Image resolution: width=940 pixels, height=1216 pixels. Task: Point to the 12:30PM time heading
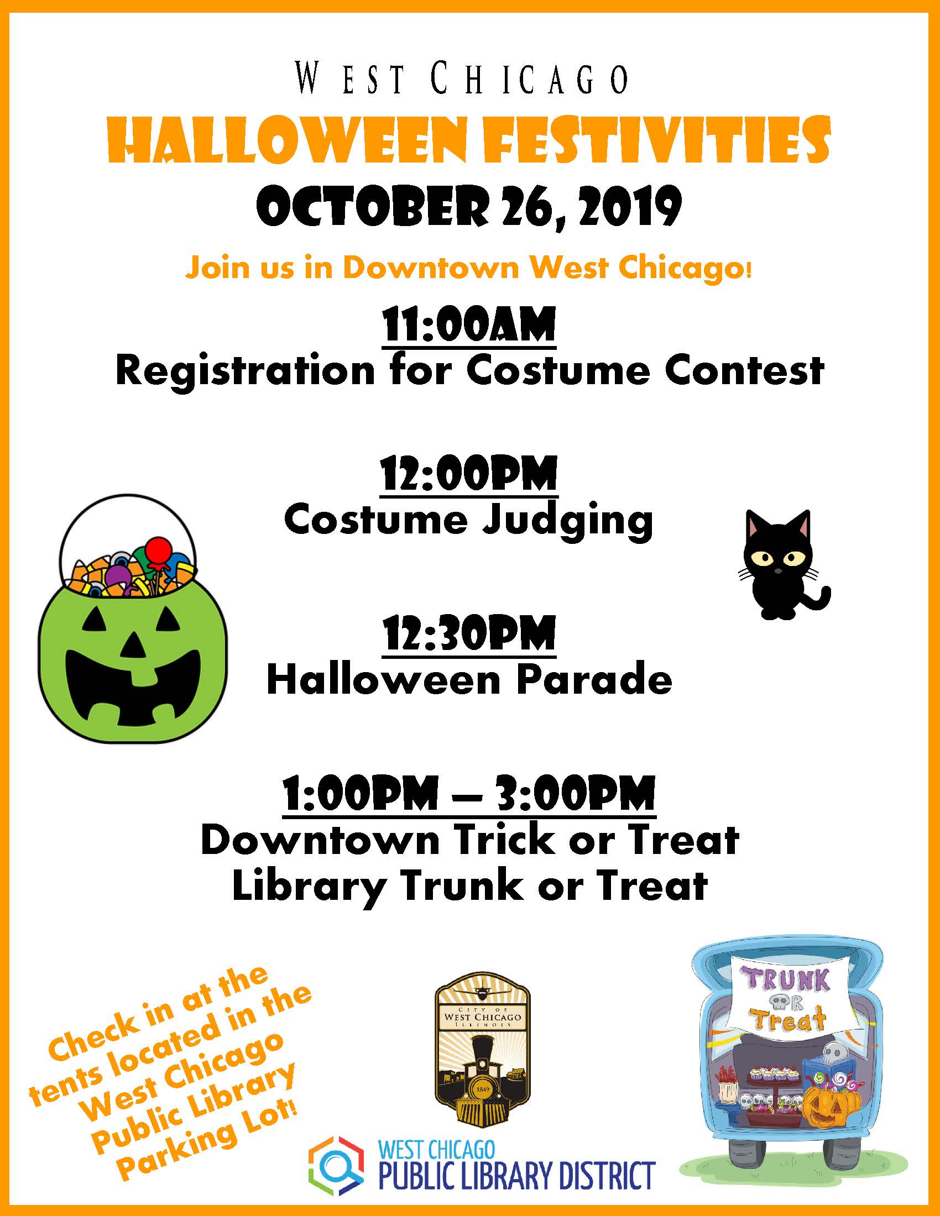coord(469,633)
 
